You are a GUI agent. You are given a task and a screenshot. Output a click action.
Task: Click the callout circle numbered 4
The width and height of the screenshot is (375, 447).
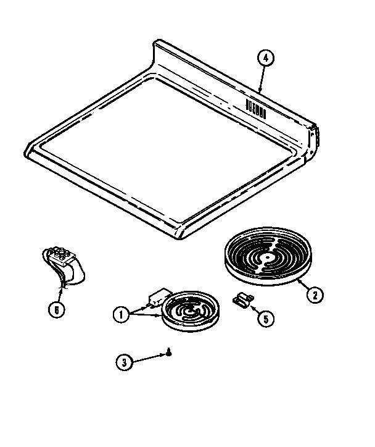265,59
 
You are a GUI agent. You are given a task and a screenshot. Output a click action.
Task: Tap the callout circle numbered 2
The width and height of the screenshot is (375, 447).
314,295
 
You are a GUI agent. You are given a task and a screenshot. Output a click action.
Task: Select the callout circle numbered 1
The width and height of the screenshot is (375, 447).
122,314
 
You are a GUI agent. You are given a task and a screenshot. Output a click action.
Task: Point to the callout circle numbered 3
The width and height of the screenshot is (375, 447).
126,362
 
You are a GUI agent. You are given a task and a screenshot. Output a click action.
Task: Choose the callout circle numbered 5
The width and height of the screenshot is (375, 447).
265,319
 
